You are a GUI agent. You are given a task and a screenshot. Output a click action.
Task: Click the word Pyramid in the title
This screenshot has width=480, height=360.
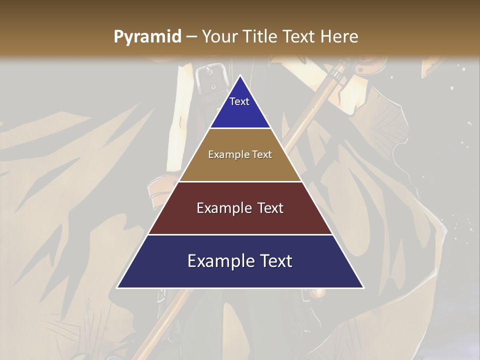click(147, 37)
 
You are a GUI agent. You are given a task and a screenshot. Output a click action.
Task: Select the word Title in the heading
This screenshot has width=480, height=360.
click(260, 37)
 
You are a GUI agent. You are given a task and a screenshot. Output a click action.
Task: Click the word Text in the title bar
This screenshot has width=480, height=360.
click(299, 37)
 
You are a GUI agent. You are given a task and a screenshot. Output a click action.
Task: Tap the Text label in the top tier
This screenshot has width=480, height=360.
click(239, 101)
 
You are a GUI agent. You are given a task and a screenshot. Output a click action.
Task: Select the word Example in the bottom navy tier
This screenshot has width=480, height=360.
click(219, 261)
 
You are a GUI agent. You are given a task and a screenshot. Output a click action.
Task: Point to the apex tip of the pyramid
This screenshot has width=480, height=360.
click(240, 76)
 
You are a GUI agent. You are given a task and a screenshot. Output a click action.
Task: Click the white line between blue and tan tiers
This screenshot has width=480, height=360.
click(240, 128)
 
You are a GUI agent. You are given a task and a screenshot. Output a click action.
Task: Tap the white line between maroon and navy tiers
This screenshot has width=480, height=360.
click(240, 234)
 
